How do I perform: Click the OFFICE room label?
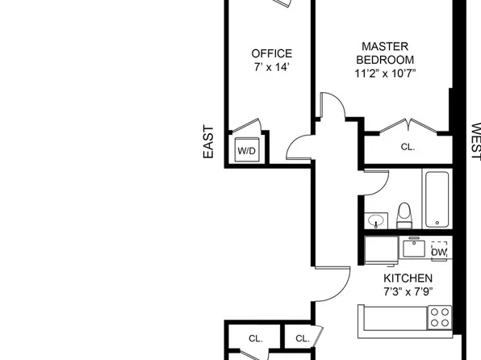point(271,53)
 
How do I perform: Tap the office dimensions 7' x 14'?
point(271,67)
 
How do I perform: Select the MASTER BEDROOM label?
point(385,52)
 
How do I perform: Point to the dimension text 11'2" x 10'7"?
point(385,73)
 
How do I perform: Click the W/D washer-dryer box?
point(247,149)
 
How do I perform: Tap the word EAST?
point(208,142)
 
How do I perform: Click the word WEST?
point(475,141)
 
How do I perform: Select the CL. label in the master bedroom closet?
point(408,147)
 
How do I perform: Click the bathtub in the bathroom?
point(437,199)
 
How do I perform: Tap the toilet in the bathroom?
point(404,216)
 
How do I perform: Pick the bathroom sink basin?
point(376,220)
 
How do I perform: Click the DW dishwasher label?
point(439,253)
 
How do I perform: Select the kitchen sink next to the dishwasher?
point(414,249)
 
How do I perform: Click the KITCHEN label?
point(408,278)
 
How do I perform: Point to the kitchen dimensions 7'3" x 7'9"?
point(408,291)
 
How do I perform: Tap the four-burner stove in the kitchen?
point(440,318)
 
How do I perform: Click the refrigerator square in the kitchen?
point(381,250)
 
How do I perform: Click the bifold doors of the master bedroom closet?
point(408,126)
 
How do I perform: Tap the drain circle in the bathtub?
point(437,223)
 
